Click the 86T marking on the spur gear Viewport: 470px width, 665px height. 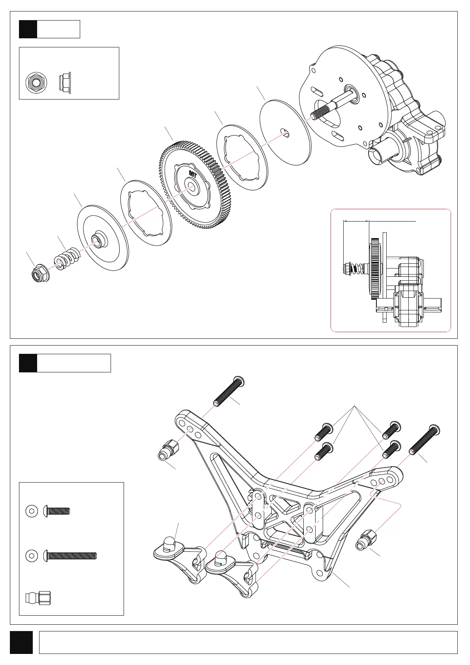tap(193, 173)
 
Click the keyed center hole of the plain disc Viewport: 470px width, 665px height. tap(285, 132)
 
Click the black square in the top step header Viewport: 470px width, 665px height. tap(28, 29)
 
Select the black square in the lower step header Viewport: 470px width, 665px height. tap(28, 363)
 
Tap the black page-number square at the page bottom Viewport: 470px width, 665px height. tap(21, 642)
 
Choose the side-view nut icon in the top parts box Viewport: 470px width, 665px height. tap(64, 83)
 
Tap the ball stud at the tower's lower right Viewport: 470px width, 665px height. tap(367, 540)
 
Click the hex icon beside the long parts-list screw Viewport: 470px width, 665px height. tap(32, 556)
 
